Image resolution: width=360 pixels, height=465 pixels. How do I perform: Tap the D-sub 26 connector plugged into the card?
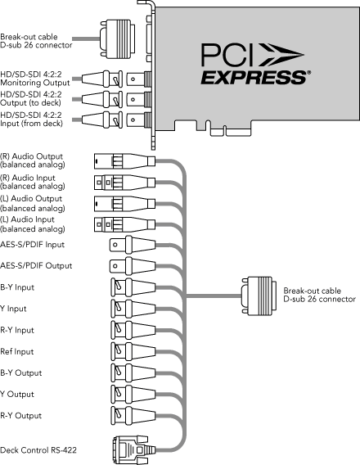118,38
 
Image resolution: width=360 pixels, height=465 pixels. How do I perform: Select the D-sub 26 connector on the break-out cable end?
259,296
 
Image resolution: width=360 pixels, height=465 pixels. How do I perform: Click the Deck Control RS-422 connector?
133,449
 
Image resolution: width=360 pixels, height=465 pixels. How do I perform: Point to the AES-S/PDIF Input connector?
133,244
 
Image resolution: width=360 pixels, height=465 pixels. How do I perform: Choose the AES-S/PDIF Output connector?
133,266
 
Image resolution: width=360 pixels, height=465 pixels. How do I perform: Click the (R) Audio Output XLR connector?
124,161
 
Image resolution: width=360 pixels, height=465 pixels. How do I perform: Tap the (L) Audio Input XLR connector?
124,225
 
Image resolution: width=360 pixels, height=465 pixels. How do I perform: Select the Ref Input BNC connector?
133,351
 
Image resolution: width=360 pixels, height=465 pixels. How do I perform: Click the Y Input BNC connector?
133,309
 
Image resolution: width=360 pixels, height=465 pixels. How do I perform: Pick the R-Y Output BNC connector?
133,415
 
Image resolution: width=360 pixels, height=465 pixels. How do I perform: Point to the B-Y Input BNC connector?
133,287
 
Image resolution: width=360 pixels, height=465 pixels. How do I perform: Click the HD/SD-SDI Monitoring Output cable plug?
102,79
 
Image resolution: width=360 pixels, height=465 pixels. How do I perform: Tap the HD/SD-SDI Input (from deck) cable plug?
102,120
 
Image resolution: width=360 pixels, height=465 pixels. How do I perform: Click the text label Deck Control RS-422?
38,450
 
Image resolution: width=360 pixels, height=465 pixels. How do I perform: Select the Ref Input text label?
17,352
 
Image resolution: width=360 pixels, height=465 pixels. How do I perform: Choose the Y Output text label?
17,394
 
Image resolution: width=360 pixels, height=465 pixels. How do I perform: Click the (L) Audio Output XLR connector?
124,204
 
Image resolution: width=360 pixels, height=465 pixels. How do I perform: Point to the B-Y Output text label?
21,372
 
